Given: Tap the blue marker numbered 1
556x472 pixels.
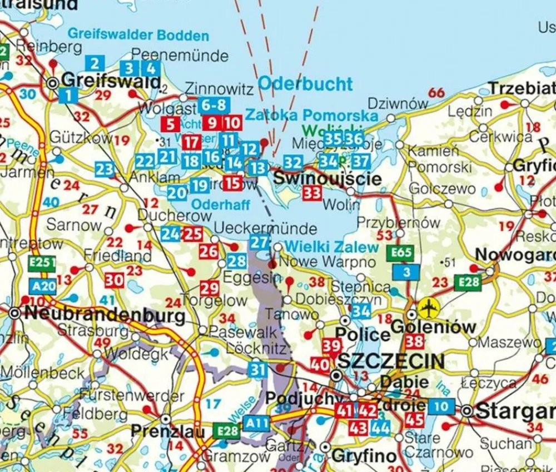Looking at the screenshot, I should point(68,95).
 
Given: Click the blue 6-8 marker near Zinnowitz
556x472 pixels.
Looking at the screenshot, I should point(214,105).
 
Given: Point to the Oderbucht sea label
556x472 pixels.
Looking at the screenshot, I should point(305,85).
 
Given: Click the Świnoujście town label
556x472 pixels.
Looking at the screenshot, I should point(327,178).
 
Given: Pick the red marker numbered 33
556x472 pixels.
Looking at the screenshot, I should point(312,193).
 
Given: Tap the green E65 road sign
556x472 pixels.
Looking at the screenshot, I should point(401,254).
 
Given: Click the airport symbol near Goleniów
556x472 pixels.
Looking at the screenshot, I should point(428,306).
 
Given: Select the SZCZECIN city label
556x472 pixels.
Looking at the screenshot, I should point(391,361).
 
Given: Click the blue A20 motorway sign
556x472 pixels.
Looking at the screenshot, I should point(43,286).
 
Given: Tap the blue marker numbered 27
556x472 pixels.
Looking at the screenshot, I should point(260,242).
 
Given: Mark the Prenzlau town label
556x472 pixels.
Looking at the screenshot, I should point(164,431).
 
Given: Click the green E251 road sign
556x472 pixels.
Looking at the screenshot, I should point(43,263).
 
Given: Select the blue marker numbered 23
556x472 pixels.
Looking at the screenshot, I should point(105,169).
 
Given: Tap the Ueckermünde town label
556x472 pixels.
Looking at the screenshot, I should point(265,228).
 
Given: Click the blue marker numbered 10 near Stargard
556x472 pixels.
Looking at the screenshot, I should point(441,406).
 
